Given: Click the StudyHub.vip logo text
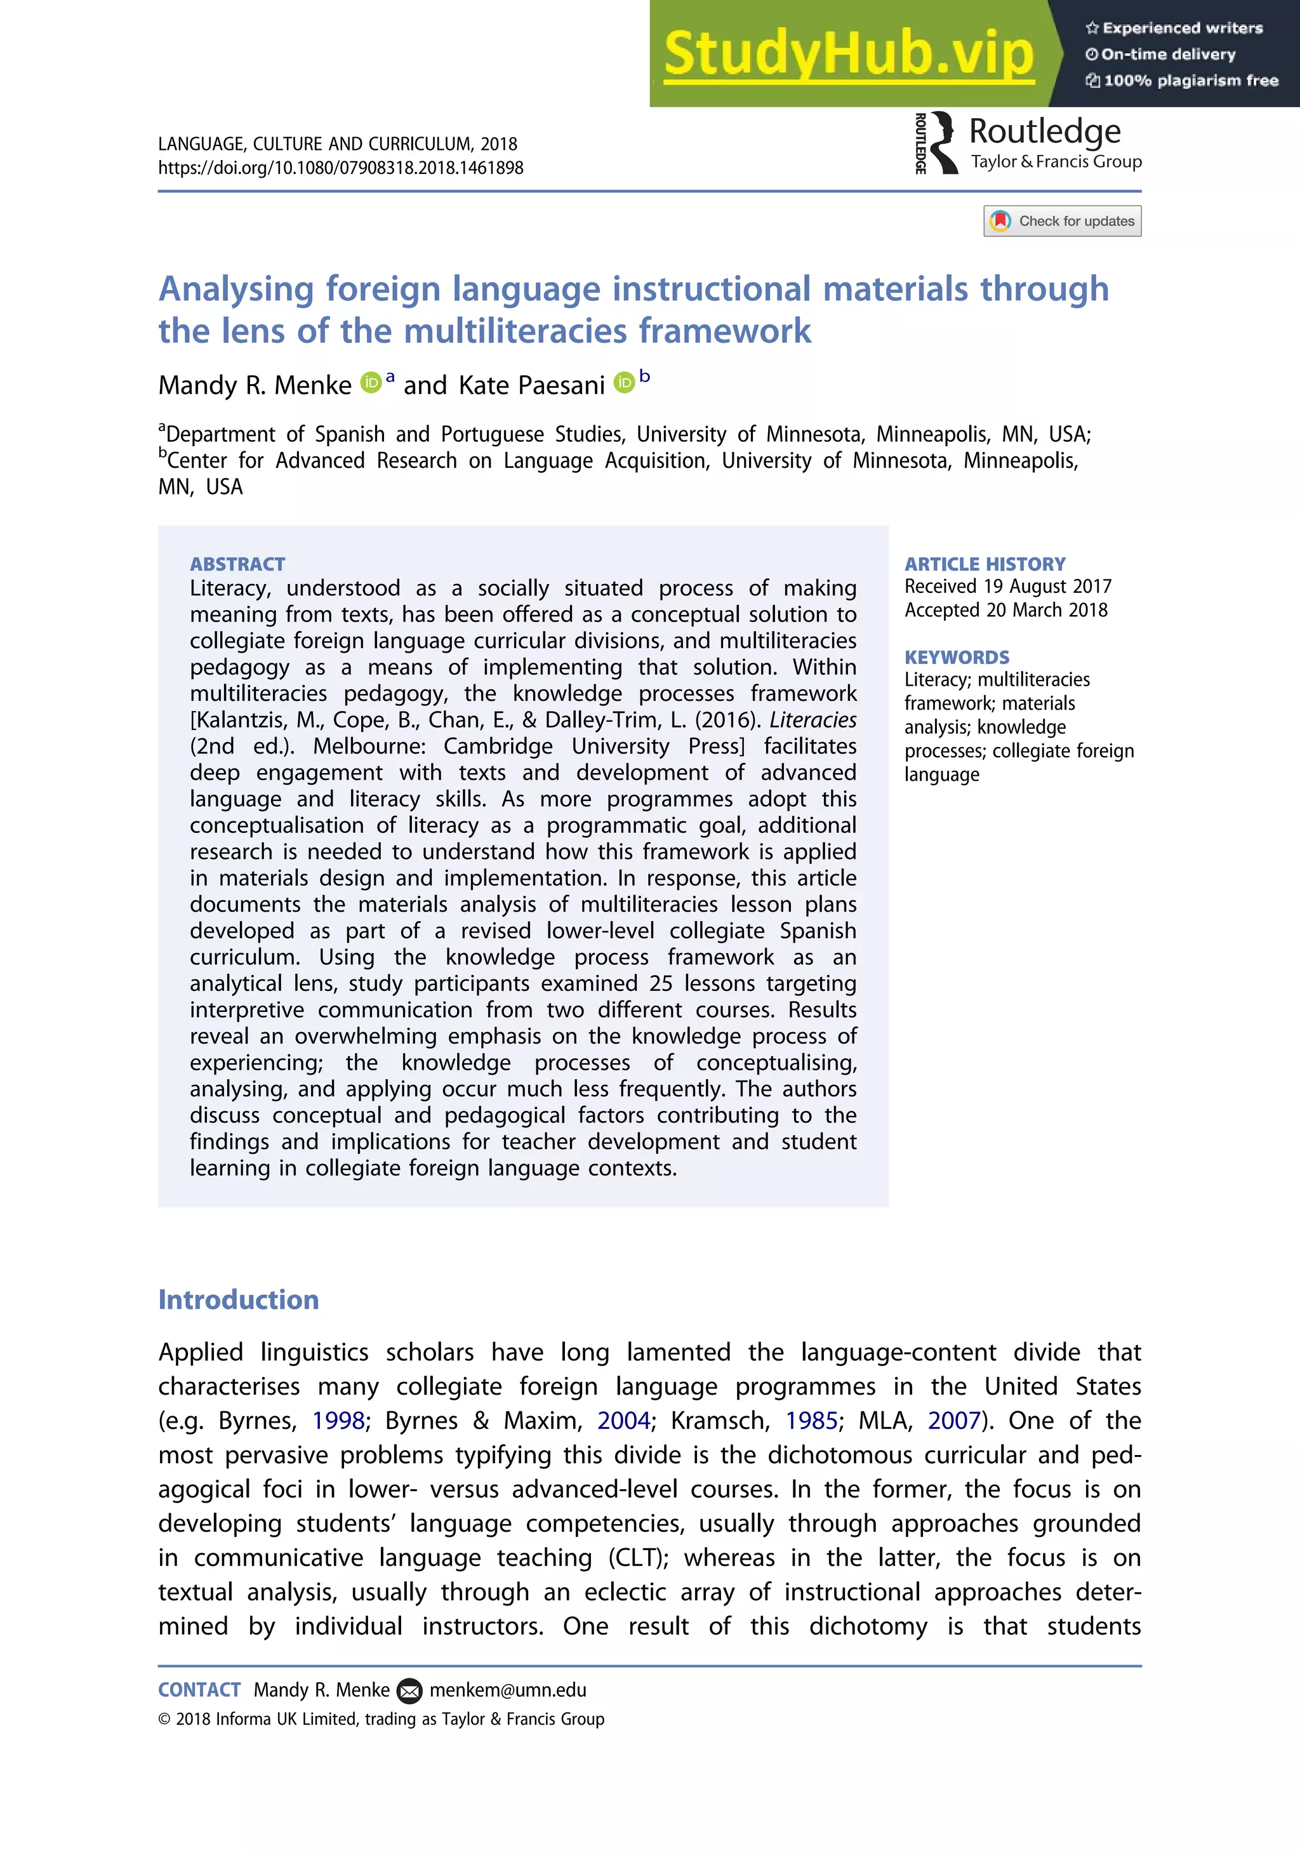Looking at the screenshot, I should [x=848, y=54].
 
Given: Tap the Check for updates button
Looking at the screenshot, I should [x=1062, y=221].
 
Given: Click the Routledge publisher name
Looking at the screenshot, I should [x=1044, y=131].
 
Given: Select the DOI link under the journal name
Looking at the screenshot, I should [x=340, y=168].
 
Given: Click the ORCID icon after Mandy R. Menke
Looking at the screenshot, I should [x=371, y=383].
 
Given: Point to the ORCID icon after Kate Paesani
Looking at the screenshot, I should [x=624, y=383].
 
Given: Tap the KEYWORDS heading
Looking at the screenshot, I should [x=956, y=657].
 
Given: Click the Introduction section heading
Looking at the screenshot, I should [x=239, y=1299].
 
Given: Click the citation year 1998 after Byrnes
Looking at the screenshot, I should [x=338, y=1421].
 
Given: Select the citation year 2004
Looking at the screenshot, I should [x=624, y=1421].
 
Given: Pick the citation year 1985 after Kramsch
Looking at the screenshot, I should [x=812, y=1421].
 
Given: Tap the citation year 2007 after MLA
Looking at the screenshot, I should [x=954, y=1421].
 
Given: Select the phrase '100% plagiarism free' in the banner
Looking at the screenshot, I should [x=1191, y=81].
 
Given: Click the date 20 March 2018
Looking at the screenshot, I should [x=1047, y=610].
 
